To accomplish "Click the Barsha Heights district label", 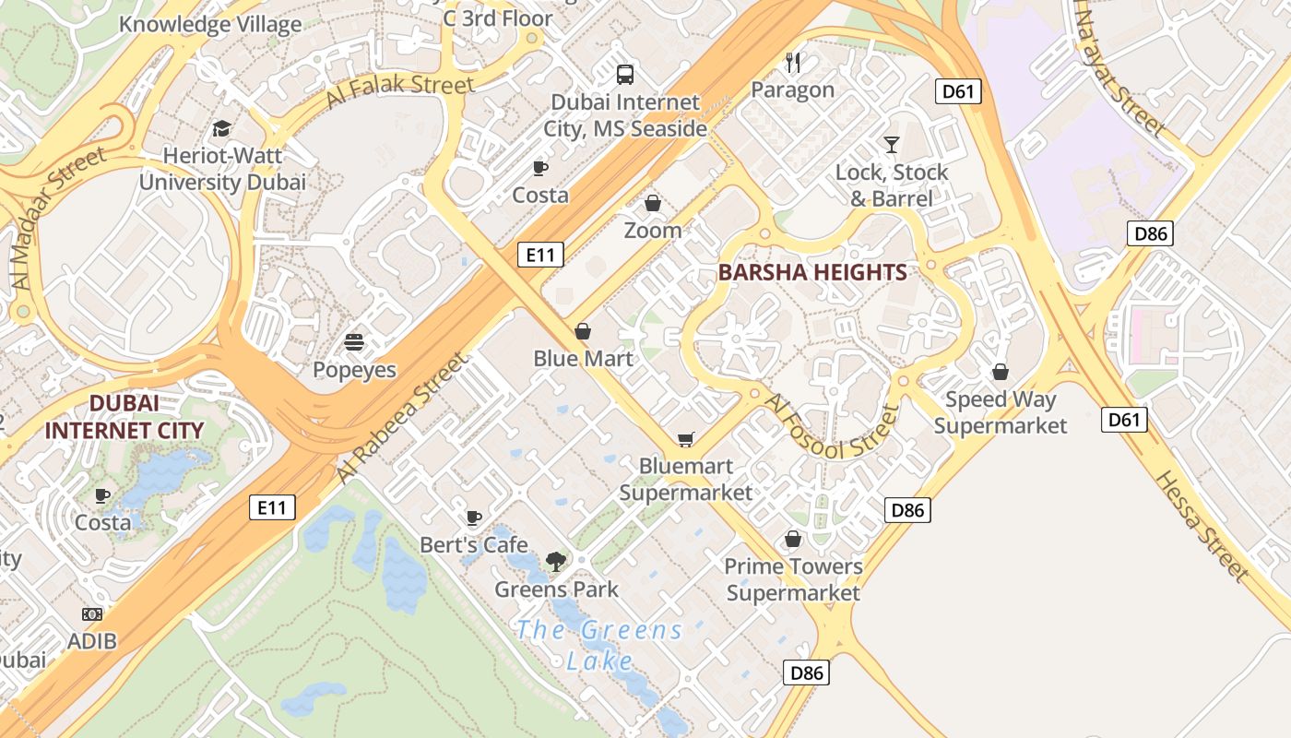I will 811,272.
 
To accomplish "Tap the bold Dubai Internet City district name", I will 124,417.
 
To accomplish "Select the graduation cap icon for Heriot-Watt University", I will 221,128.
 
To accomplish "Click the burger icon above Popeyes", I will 354,342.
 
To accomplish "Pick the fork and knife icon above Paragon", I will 793,62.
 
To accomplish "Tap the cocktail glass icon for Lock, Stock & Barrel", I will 891,144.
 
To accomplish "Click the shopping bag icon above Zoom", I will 653,203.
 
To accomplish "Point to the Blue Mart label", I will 583,358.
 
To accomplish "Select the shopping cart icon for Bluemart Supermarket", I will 685,439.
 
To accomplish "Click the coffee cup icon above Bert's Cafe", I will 474,518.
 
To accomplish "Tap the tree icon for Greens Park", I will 556,561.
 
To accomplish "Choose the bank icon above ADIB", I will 92,613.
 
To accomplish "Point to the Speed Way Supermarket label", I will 1001,412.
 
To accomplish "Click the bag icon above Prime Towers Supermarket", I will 793,539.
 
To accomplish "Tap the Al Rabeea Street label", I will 400,418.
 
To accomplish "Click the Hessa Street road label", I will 1202,526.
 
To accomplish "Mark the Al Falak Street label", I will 400,91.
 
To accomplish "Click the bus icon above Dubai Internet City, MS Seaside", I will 625,74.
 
